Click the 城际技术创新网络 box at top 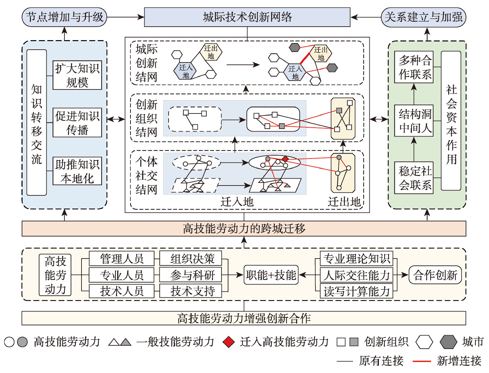(247, 17)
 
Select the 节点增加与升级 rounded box (64, 17)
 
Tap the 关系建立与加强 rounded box (423, 17)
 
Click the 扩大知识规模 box (77, 75)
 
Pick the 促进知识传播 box (77, 122)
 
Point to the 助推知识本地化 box (77, 171)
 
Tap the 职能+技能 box (271, 275)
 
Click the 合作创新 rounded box (435, 275)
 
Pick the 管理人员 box (122, 259)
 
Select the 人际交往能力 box (357, 275)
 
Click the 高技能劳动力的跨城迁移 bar (244, 229)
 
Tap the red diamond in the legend (228, 342)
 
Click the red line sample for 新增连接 (422, 361)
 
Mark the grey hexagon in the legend (448, 342)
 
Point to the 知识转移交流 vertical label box (36, 123)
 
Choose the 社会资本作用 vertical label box (451, 121)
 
